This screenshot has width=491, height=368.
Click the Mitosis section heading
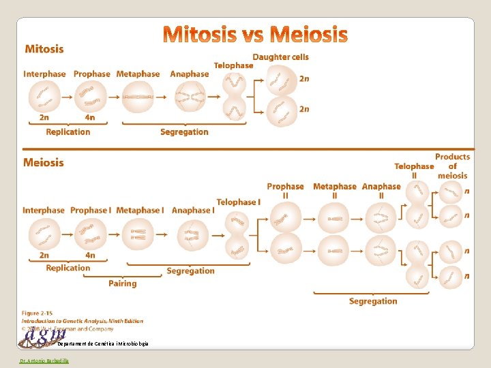[44, 49]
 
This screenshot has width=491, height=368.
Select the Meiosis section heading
[44, 163]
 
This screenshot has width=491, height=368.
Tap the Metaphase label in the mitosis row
[138, 74]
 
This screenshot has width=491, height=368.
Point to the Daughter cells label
[280, 57]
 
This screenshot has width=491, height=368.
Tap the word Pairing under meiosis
[123, 283]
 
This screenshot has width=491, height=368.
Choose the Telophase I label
[239, 202]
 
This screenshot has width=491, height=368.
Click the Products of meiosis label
[453, 166]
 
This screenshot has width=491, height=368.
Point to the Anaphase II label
[381, 191]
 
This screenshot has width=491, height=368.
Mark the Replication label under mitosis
[68, 132]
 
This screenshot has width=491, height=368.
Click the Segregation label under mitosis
[184, 132]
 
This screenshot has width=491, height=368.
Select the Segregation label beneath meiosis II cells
[373, 301]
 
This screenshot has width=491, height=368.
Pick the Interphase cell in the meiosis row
[44, 235]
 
